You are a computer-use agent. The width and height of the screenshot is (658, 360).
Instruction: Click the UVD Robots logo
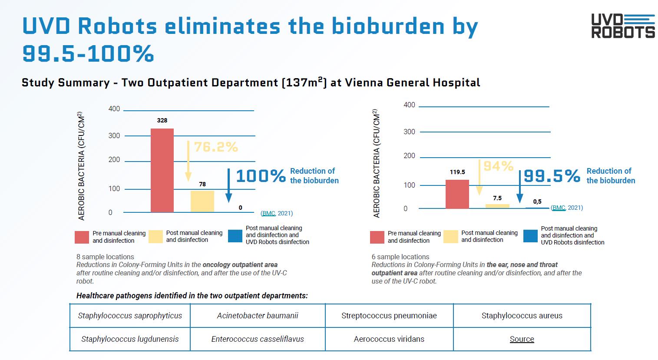(623, 26)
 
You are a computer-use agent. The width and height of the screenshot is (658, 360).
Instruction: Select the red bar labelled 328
(162, 170)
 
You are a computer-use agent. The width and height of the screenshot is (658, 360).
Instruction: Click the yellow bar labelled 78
(202, 201)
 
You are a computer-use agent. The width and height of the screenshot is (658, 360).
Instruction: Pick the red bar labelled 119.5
(457, 194)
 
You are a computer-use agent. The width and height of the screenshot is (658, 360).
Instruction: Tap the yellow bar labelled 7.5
(497, 206)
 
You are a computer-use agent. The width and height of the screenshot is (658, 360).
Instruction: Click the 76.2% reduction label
(216, 147)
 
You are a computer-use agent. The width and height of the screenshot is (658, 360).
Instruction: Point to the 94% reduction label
(498, 166)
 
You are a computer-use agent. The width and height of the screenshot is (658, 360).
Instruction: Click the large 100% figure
(261, 176)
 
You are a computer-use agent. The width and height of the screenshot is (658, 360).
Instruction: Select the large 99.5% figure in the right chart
(552, 176)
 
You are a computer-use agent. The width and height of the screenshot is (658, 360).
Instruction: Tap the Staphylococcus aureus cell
(522, 316)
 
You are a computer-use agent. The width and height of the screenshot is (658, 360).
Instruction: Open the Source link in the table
(522, 339)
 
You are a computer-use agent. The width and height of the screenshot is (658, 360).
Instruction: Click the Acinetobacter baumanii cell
(258, 316)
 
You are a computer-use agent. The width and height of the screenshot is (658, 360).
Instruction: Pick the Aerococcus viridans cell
(389, 339)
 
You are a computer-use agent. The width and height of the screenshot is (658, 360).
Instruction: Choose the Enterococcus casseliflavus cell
(258, 339)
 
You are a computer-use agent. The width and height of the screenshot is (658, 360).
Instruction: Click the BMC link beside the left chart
(268, 213)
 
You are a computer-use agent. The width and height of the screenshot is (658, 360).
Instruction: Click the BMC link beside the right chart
(559, 208)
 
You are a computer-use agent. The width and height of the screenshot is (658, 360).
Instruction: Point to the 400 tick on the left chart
(114, 109)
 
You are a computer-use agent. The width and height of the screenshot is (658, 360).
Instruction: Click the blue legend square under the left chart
(235, 236)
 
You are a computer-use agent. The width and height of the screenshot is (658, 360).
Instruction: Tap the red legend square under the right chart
(377, 237)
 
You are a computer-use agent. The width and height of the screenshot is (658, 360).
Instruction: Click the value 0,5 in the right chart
(537, 201)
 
